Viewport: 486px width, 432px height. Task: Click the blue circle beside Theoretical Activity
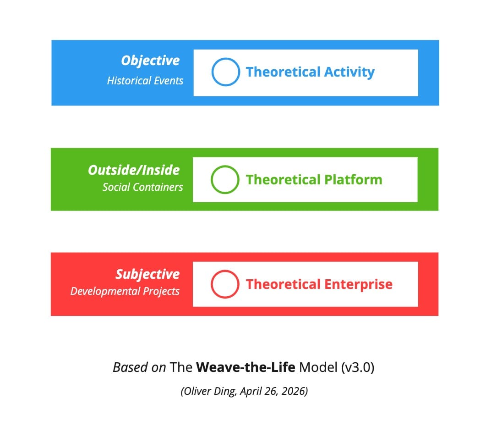point(212,72)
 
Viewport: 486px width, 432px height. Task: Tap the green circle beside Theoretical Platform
point(211,180)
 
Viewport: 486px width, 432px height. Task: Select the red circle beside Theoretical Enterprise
point(211,284)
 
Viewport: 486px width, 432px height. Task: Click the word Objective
point(150,61)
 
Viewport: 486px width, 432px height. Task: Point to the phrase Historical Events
point(145,81)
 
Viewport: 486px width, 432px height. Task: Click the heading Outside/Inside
point(134,170)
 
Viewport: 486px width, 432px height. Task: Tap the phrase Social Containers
point(142,187)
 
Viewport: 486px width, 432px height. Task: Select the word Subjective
point(147,274)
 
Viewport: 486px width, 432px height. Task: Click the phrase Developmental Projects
point(125,291)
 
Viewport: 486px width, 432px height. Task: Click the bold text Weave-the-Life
point(246,367)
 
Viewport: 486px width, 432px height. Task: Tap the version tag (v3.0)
point(358,367)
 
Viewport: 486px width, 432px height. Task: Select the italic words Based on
point(139,367)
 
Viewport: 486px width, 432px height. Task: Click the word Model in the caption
point(318,367)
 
